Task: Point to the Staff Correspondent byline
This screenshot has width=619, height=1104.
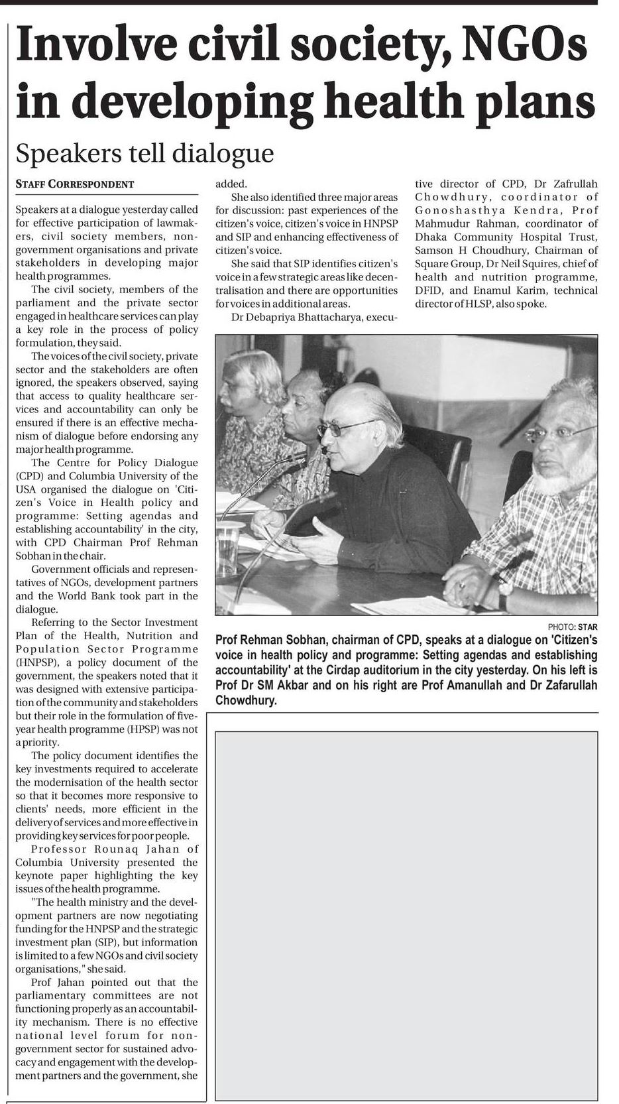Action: pos(74,184)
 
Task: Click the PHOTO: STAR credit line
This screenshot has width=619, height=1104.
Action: pos(572,626)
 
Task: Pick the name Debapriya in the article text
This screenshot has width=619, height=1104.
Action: pos(278,317)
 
